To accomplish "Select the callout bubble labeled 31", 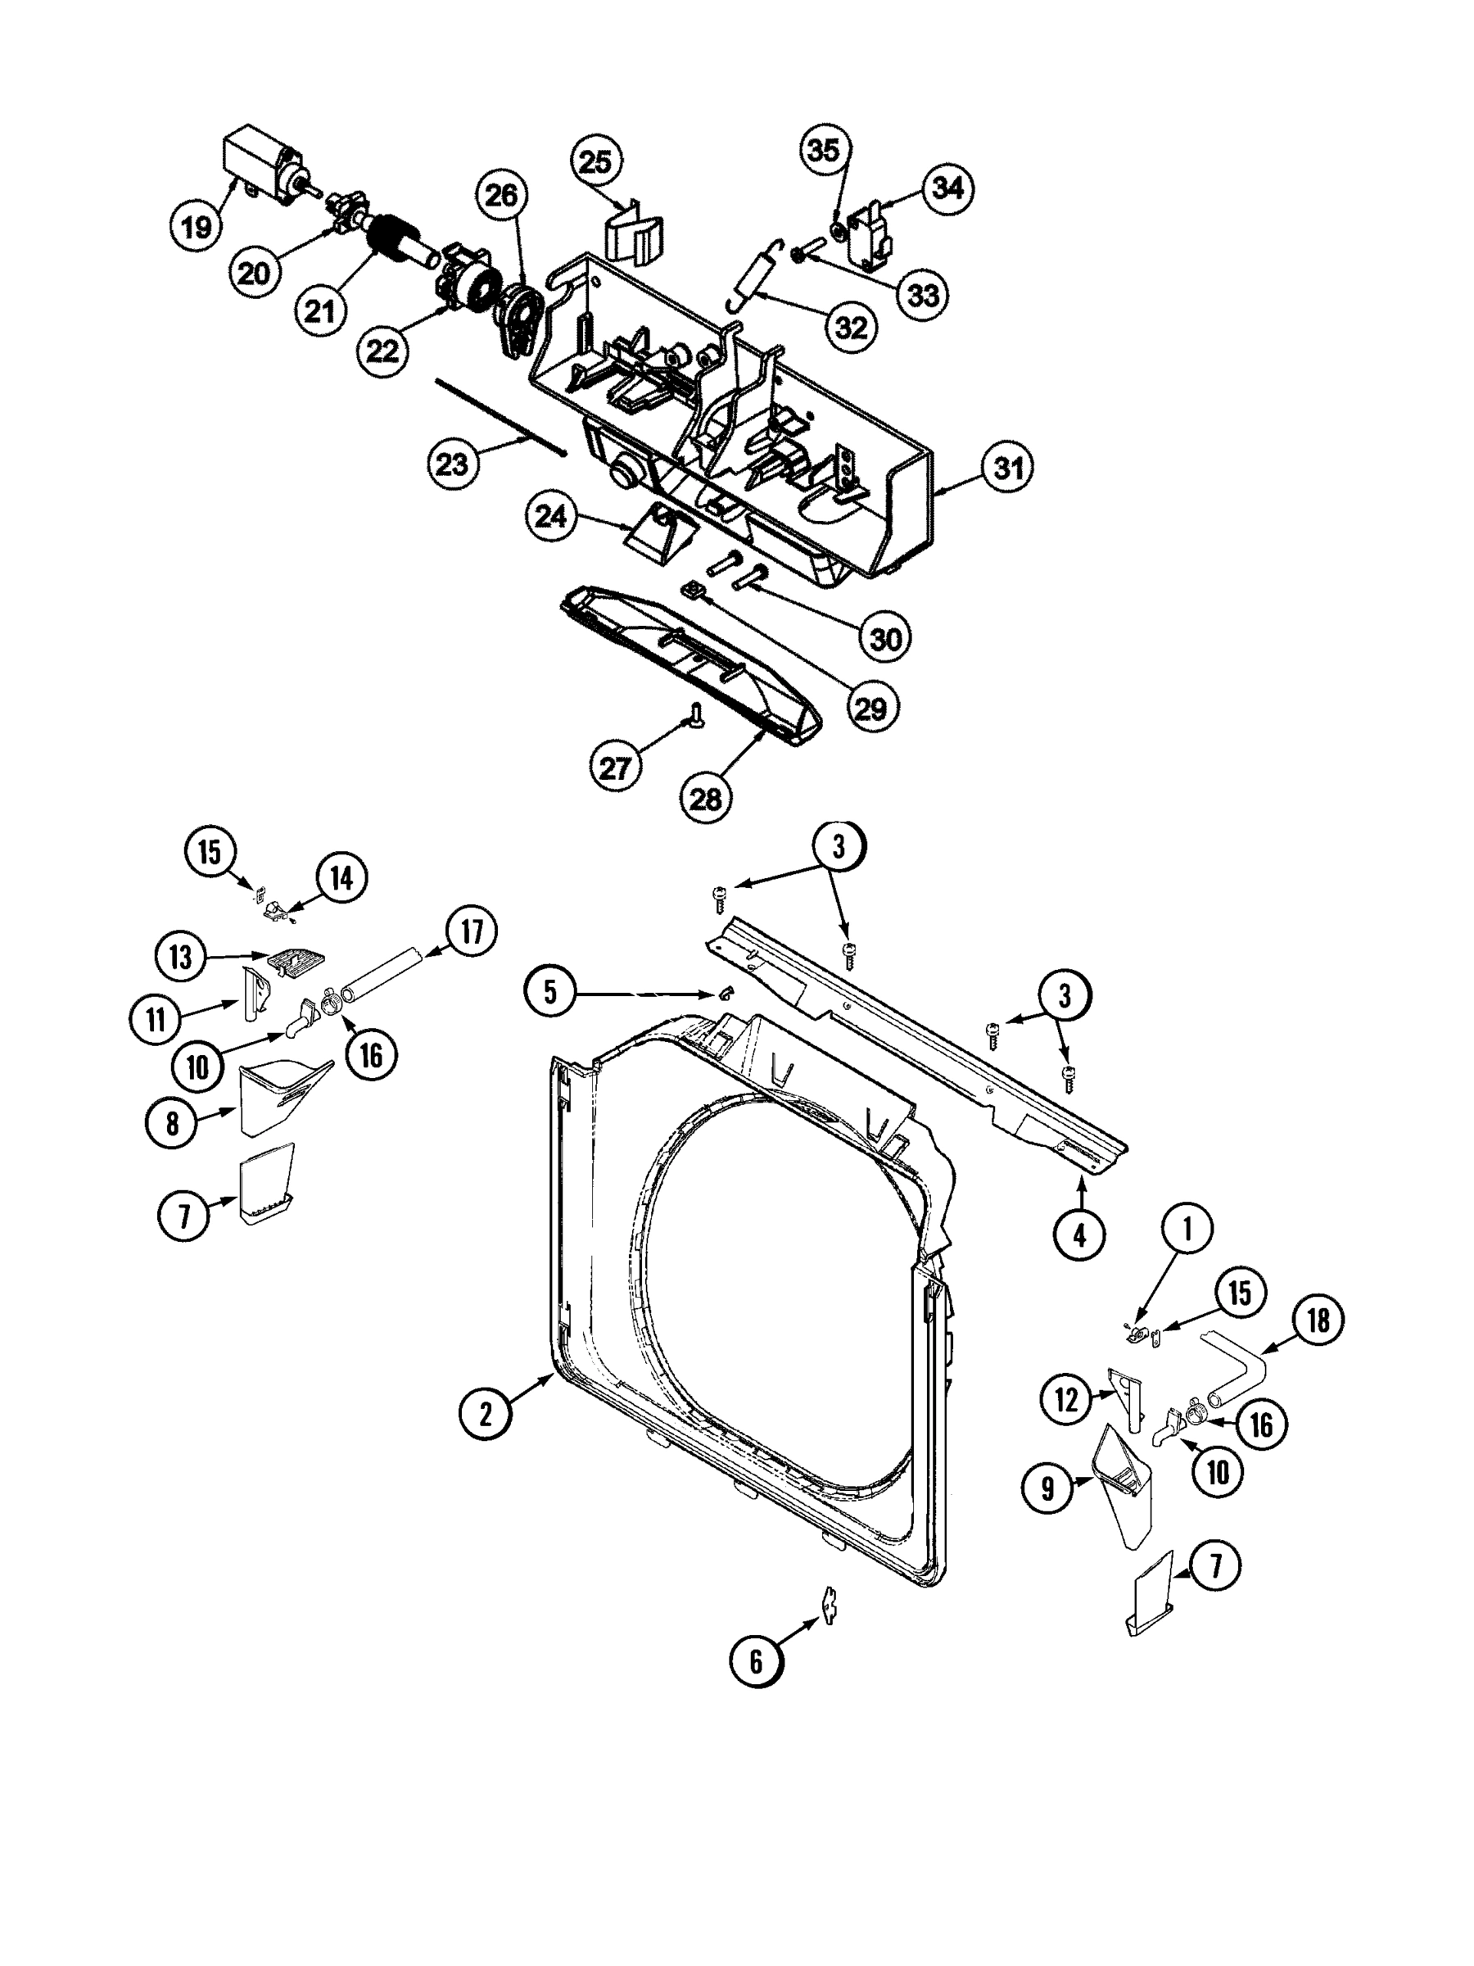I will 1007,468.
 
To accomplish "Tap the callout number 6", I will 756,1661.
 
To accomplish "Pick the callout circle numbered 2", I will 485,1412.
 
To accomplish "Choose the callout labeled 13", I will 180,958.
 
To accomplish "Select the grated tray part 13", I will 296,962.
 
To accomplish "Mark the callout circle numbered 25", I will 595,161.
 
